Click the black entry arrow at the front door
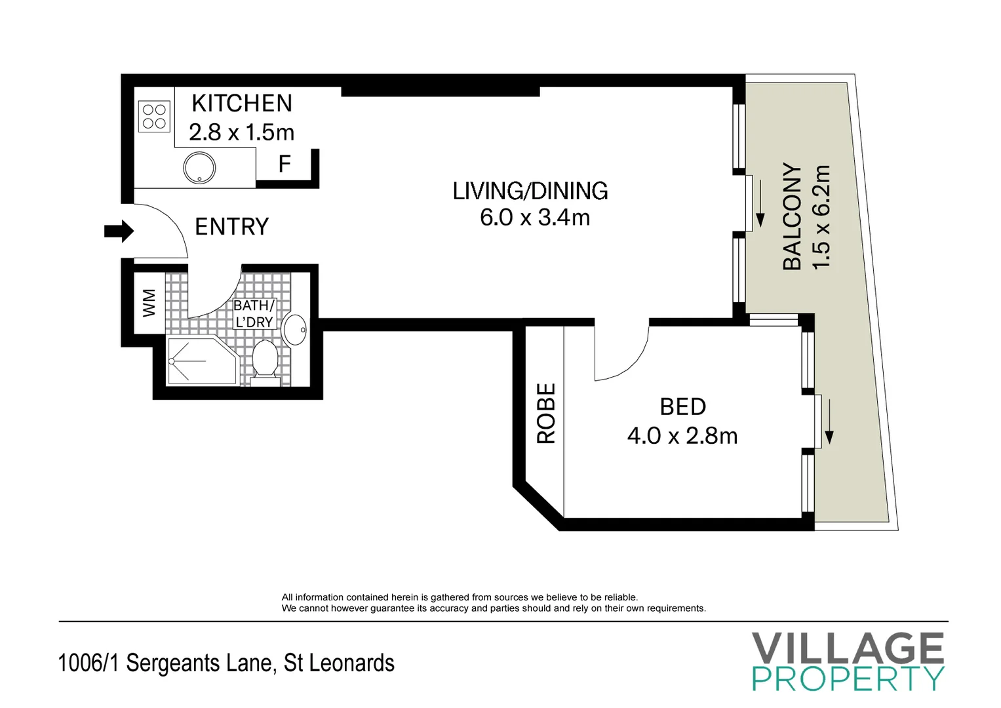(119, 231)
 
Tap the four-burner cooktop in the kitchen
(154, 116)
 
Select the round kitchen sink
(199, 168)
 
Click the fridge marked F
(285, 164)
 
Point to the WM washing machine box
(149, 303)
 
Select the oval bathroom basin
(295, 329)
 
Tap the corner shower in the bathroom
(202, 361)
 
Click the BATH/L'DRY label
(254, 313)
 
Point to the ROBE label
(545, 414)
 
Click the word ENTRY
(232, 227)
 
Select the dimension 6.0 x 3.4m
(535, 218)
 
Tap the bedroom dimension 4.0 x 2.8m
(682, 436)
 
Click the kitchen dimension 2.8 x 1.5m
(241, 132)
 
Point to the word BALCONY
(793, 217)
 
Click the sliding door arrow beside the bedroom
(829, 422)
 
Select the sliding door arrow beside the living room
(760, 203)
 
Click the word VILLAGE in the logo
(848, 648)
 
